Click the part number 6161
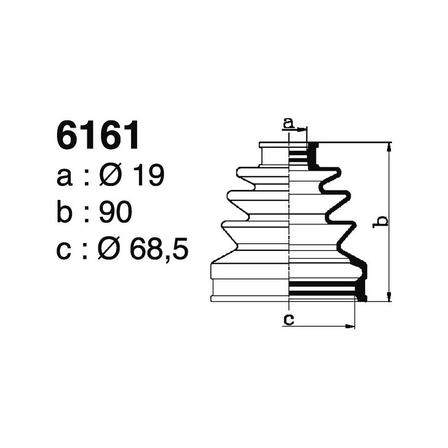[x=97, y=136]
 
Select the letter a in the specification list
[x=64, y=177]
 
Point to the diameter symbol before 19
[x=111, y=176]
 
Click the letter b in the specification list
[x=65, y=212]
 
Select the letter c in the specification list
[x=64, y=251]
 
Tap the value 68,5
[x=158, y=250]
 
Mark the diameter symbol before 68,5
[x=111, y=250]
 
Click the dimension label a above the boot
[x=288, y=123]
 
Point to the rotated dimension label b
[x=380, y=221]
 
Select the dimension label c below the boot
[x=288, y=319]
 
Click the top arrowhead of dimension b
[x=389, y=146]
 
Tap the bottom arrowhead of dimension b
[x=389, y=297]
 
